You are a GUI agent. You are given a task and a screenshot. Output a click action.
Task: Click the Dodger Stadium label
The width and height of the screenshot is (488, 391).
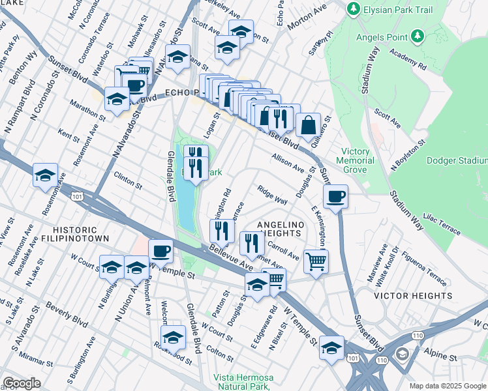pyautogui.click(x=457, y=160)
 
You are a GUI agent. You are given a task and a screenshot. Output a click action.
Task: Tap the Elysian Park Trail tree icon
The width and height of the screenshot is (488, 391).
pyautogui.click(x=353, y=8)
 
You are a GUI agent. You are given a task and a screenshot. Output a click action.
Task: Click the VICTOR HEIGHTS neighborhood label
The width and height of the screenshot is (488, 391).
pyautogui.click(x=412, y=295)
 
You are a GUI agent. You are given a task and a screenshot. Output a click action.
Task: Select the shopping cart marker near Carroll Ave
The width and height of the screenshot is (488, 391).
pyautogui.click(x=316, y=261)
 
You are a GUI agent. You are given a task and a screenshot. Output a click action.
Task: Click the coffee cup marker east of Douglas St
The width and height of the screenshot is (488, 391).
pyautogui.click(x=335, y=196)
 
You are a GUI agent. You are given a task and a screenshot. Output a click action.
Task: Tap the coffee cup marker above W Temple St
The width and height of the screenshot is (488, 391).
pyautogui.click(x=160, y=251)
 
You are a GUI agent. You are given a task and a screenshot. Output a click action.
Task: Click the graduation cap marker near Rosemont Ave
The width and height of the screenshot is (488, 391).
pyautogui.click(x=45, y=175)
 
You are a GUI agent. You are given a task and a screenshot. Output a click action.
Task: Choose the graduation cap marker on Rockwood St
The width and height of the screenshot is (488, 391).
pyautogui.click(x=173, y=338)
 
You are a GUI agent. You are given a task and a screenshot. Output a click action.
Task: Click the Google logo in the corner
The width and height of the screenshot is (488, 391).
pyautogui.click(x=22, y=383)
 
